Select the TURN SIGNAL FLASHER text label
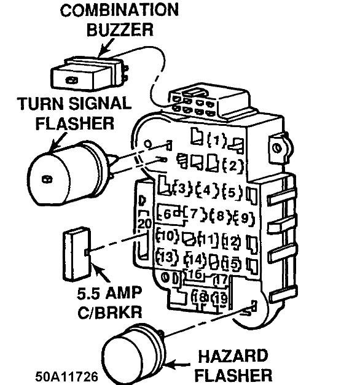click(x=74, y=113)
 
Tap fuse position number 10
click(x=168, y=236)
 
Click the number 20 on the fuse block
click(x=144, y=224)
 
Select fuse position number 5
click(x=232, y=190)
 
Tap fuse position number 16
click(x=195, y=274)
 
